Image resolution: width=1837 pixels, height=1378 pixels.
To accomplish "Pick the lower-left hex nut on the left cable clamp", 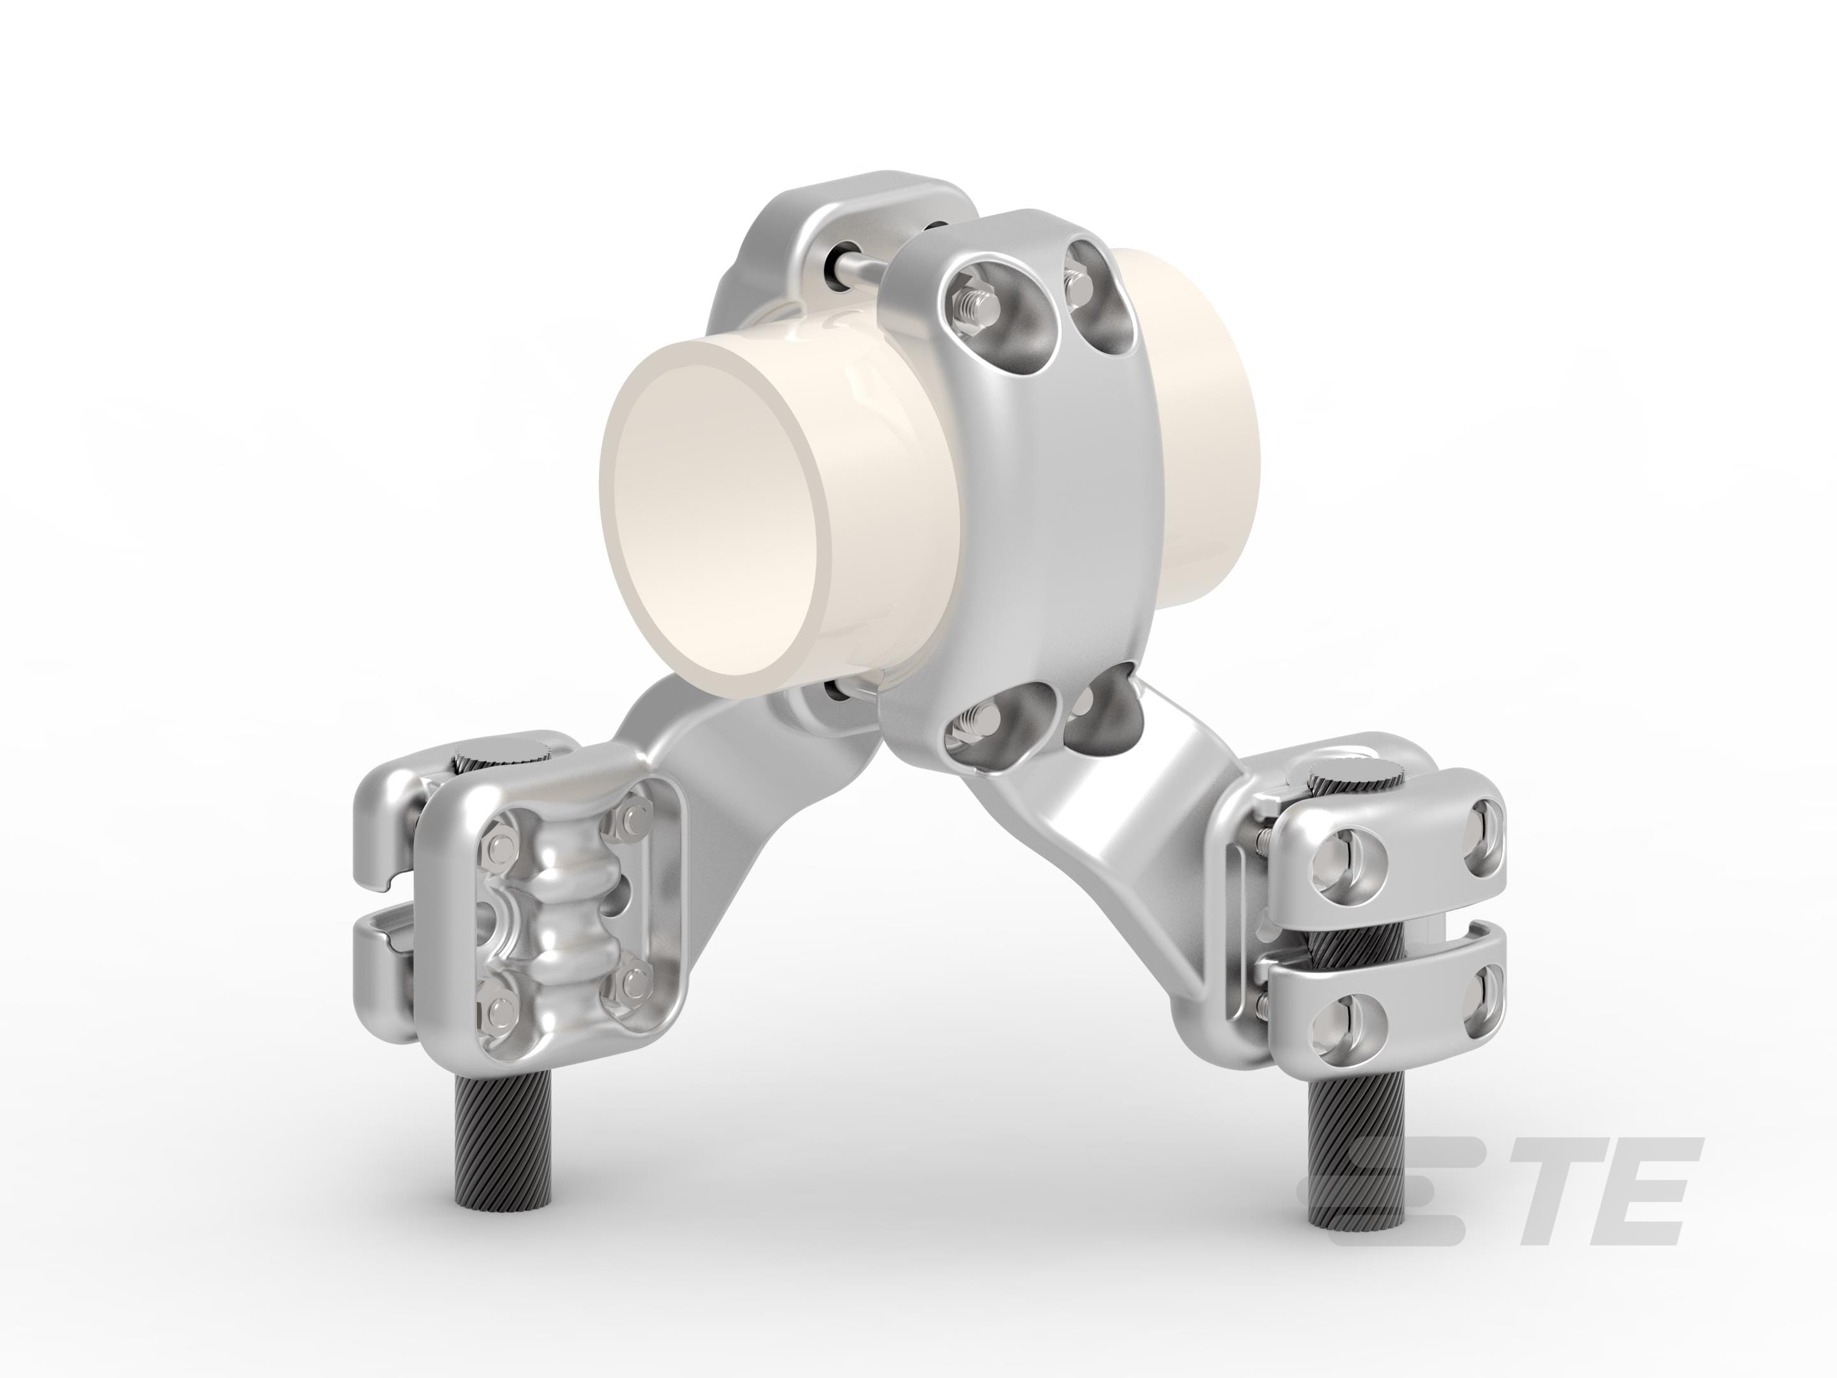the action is [501, 1009].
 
